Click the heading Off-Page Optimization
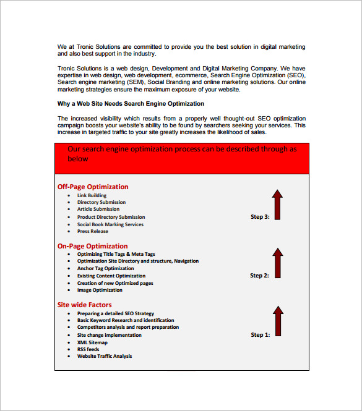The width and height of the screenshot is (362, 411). [93, 187]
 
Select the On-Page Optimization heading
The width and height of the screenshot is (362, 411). [92, 246]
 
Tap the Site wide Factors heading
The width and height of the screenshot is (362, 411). [85, 305]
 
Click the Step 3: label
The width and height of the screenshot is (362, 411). [260, 217]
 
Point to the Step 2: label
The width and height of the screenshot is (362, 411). [260, 276]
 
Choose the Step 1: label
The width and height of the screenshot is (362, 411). [260, 335]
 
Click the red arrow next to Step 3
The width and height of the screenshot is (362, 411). [278, 205]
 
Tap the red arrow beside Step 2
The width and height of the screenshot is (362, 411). [278, 263]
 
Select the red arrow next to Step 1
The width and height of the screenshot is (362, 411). [278, 321]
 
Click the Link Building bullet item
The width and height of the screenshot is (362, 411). [92, 195]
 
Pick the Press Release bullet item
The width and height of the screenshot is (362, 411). [92, 232]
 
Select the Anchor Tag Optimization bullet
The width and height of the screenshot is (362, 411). [105, 269]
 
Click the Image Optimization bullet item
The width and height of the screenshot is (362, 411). [100, 290]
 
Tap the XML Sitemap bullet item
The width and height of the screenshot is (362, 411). [92, 342]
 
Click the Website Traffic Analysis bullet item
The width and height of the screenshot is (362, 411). [104, 356]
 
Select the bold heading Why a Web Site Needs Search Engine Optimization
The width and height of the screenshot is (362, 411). [131, 104]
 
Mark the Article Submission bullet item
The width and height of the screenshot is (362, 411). [98, 210]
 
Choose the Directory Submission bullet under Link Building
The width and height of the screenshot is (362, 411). [101, 202]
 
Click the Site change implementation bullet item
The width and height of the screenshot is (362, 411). [109, 335]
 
